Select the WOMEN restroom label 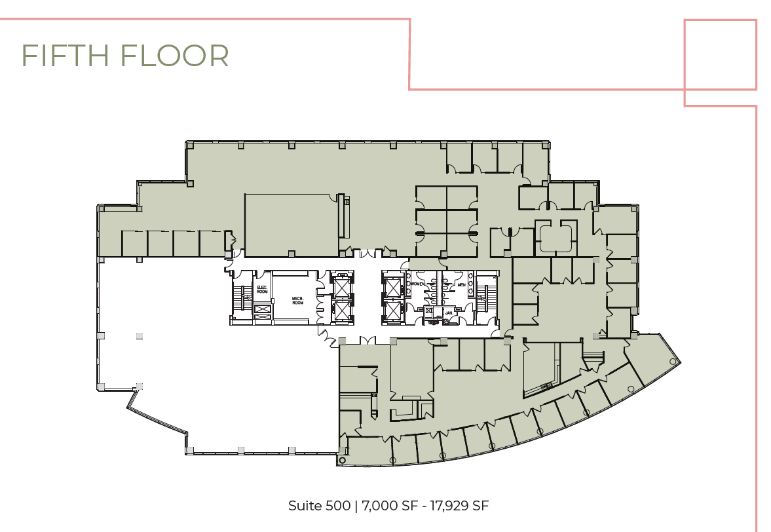417,284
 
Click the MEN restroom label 461,285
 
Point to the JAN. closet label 449,313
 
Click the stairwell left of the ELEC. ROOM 242,298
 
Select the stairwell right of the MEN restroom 485,298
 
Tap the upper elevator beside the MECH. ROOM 343,287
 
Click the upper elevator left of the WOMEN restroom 393,287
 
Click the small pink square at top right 720,54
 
